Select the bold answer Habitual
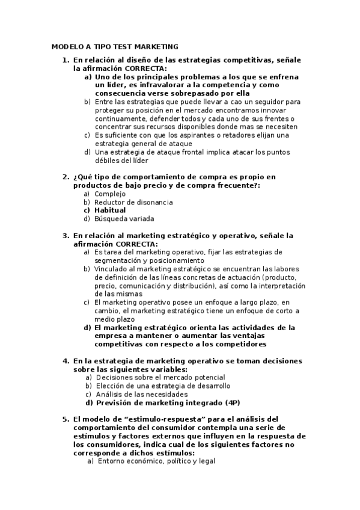[110, 210]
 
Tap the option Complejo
[110, 194]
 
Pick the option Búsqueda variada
[124, 219]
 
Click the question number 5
[66, 419]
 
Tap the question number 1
[66, 60]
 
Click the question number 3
[66, 236]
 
